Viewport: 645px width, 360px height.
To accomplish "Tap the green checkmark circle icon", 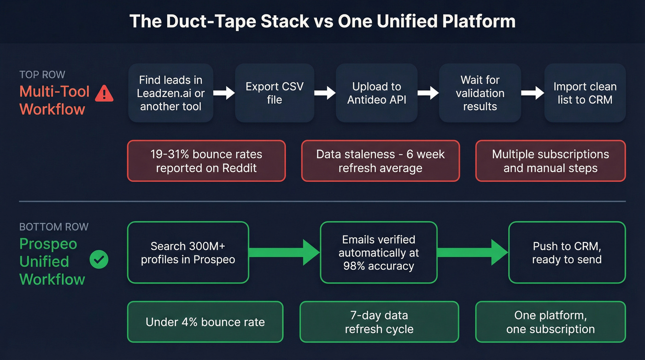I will [x=99, y=260].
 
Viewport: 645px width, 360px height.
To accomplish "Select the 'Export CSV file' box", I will [x=275, y=93].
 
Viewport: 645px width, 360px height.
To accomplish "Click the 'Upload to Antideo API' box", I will [x=376, y=93].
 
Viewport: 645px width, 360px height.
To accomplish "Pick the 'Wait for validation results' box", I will [x=480, y=93].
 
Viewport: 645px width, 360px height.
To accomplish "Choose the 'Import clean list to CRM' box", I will [x=585, y=93].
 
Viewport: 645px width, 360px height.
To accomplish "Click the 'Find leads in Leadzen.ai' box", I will [x=170, y=93].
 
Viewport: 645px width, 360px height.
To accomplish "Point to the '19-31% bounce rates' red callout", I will [x=206, y=161].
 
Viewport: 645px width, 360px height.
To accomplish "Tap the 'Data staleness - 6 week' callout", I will [x=380, y=161].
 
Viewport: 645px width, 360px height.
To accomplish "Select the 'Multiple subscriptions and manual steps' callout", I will [x=550, y=161].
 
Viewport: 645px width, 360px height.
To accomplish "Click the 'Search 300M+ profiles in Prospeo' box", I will [x=188, y=253].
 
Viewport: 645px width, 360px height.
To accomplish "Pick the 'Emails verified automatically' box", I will [x=378, y=253].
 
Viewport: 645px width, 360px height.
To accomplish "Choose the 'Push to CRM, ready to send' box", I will [x=567, y=253].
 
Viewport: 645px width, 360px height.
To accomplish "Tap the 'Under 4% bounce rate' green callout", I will [x=205, y=322].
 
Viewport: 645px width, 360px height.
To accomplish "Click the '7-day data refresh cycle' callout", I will [x=379, y=322].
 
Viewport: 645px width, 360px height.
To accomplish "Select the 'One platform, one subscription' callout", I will [x=550, y=322].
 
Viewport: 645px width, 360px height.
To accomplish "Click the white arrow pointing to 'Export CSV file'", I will [x=224, y=93].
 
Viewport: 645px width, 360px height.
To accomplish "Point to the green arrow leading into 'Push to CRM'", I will [x=472, y=252].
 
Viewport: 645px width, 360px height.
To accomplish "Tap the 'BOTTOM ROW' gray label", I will [x=54, y=227].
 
